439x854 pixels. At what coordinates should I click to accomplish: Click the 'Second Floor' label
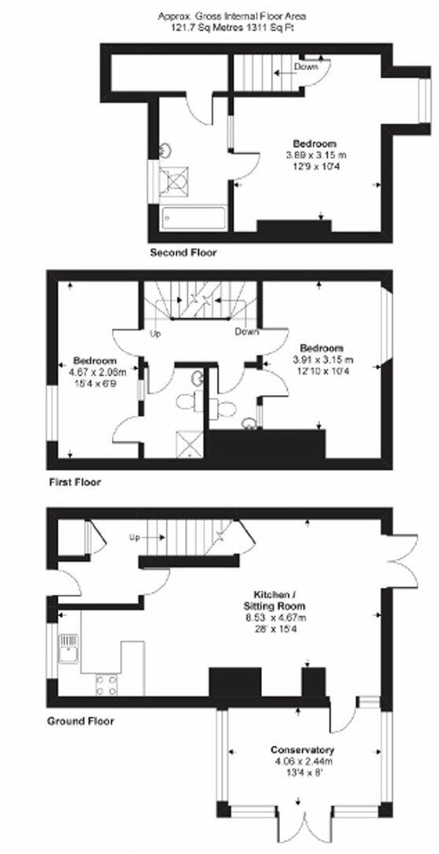coord(183,254)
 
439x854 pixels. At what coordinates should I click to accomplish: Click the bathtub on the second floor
coord(193,218)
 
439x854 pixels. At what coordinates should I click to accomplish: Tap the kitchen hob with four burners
coord(106,684)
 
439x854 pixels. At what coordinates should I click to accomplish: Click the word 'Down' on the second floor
coord(306,67)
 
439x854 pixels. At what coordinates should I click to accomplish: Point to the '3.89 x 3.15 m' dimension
coord(314,155)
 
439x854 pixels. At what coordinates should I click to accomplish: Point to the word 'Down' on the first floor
coord(247,332)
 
